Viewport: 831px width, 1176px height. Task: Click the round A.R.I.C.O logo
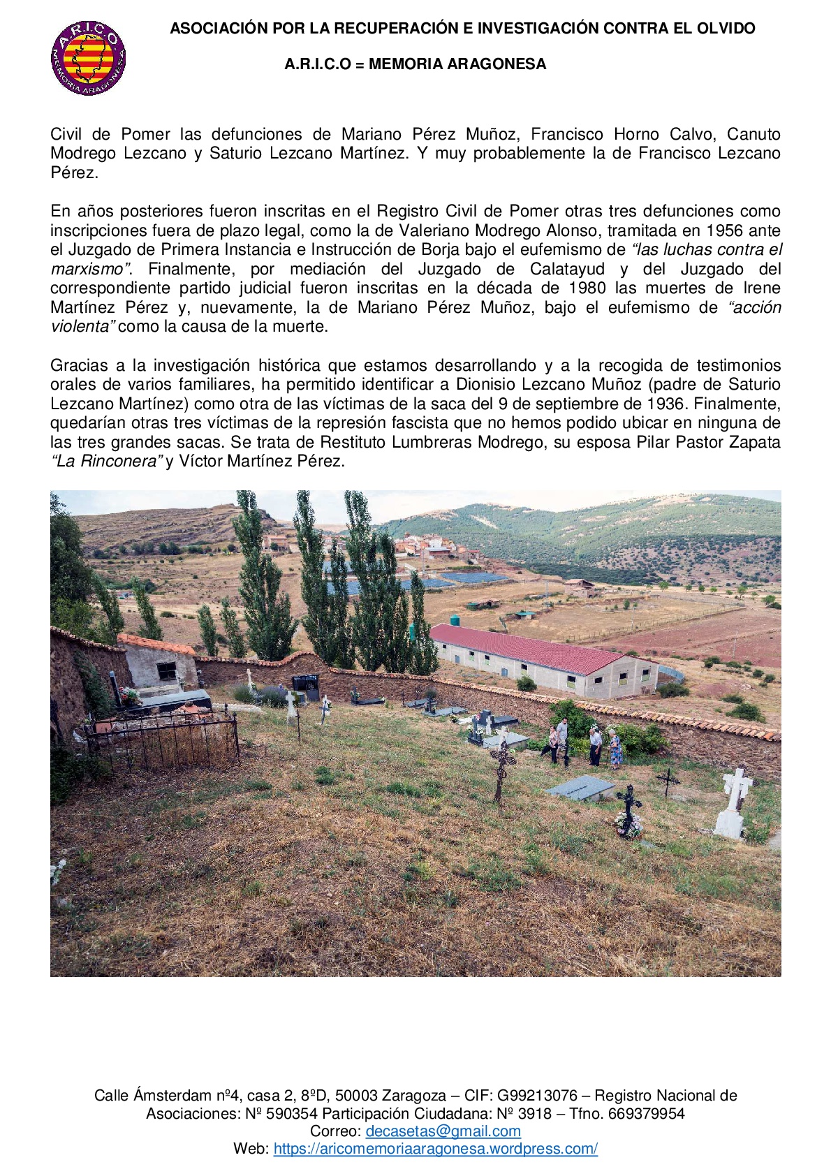point(89,58)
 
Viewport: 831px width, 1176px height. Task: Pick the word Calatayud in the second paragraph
point(567,269)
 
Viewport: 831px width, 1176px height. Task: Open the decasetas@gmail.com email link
point(443,1131)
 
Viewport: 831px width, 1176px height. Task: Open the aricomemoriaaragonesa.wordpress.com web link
point(435,1149)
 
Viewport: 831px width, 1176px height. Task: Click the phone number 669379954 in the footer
point(646,1113)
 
